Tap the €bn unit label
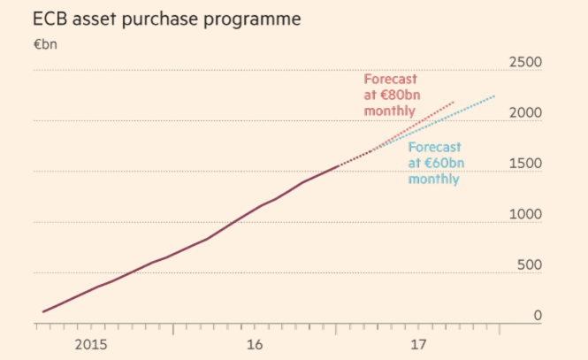45,43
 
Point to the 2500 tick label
525,63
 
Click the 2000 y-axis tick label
525,113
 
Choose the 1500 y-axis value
525,164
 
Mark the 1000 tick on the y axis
525,214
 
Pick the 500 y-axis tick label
530,264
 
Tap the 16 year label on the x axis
255,344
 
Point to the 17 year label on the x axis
419,344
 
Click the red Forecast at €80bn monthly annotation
390,95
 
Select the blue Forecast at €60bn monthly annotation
434,163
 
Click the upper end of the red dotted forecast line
454,102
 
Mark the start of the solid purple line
42,311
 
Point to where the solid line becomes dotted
338,165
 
